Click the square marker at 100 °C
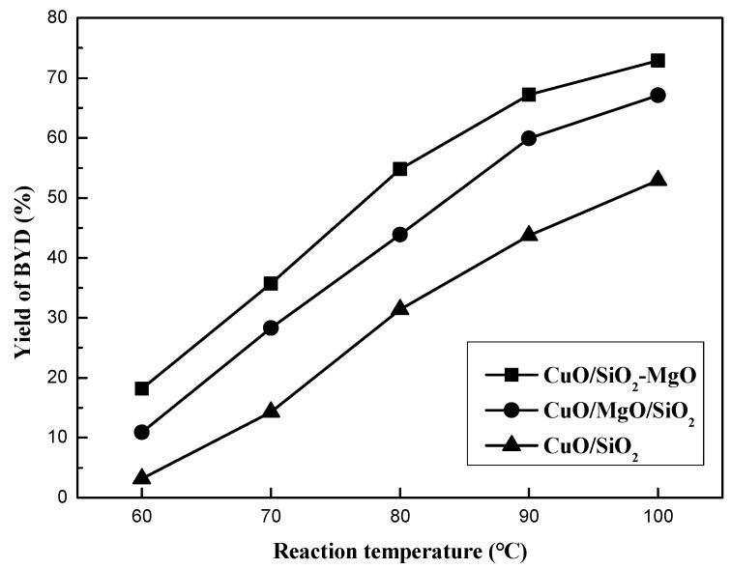tap(658, 60)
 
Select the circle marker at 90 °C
tap(529, 138)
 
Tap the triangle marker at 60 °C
tap(142, 477)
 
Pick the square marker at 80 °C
tap(400, 169)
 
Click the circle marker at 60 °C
tap(142, 432)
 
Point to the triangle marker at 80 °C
tap(400, 308)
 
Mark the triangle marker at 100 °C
tap(658, 180)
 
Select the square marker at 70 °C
tap(271, 283)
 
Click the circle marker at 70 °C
tap(271, 327)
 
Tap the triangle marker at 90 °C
tap(529, 235)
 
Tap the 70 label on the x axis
tap(271, 518)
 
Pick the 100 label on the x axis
tap(658, 518)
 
